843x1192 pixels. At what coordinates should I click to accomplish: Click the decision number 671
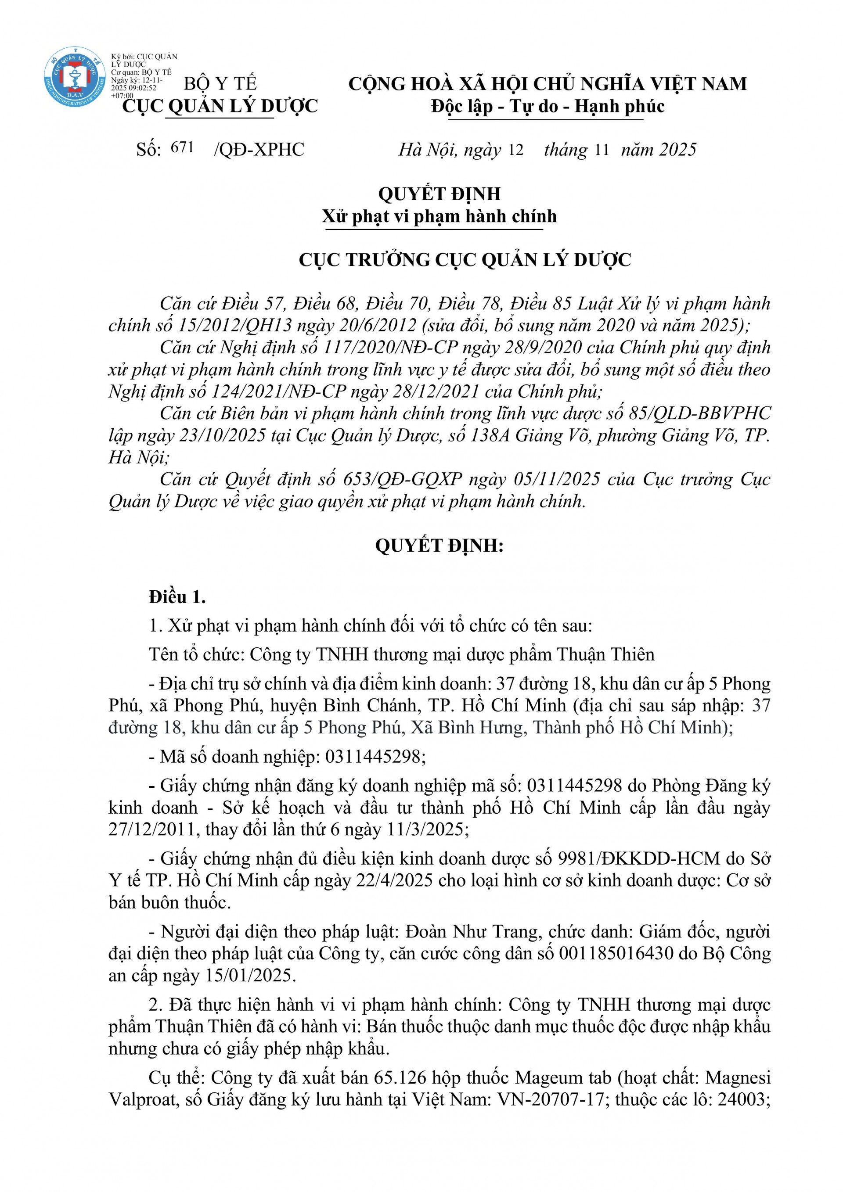coord(182,147)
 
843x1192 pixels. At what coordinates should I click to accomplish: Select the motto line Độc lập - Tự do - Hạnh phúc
coord(548,106)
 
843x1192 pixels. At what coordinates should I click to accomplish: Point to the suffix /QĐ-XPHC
coord(259,150)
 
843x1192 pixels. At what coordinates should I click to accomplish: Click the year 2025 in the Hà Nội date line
coord(677,150)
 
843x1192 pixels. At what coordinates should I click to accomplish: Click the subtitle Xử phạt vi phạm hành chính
coord(439,216)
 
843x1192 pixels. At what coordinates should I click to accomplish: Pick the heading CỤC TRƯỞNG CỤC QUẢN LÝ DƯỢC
coord(465,259)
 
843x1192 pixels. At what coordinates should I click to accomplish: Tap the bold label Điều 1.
coord(177,598)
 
